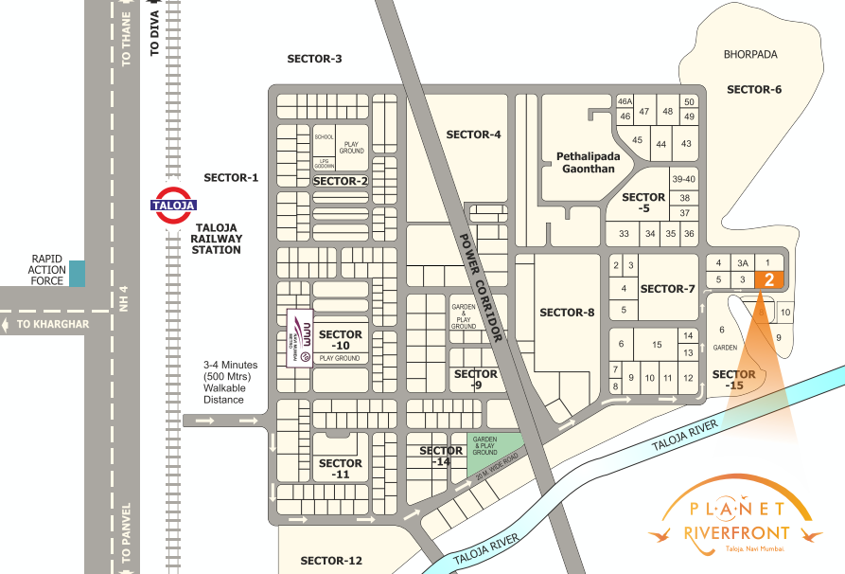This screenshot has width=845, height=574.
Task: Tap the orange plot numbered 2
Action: (x=769, y=279)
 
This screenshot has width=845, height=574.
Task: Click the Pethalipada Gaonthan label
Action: (x=585, y=162)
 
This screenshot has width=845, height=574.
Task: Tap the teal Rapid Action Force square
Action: (x=77, y=274)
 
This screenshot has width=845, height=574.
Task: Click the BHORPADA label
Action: (x=750, y=55)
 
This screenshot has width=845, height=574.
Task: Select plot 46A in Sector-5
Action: (x=624, y=101)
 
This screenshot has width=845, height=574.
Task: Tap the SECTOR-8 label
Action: (x=567, y=313)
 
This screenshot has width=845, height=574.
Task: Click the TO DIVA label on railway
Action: (x=156, y=36)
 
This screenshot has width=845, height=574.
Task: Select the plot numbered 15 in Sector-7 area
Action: (x=656, y=345)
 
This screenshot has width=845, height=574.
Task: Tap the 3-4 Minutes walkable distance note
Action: (x=230, y=382)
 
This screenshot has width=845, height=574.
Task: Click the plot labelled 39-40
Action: (x=683, y=179)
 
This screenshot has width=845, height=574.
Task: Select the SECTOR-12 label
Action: (x=331, y=561)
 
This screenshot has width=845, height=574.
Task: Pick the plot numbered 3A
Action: (x=744, y=262)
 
